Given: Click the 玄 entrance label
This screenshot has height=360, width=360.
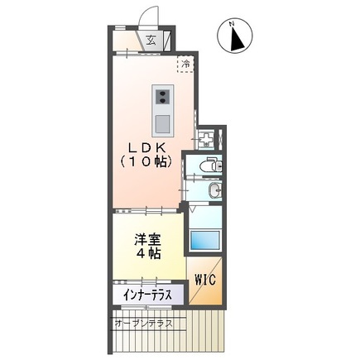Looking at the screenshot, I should tap(151, 39).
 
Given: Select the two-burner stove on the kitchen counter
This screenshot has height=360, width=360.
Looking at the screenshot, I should tap(161, 96).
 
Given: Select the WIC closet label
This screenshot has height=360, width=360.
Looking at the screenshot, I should tap(204, 280).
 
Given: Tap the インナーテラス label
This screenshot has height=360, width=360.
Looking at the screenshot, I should tap(147, 295).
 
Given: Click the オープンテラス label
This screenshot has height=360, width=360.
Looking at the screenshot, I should tap(144, 323).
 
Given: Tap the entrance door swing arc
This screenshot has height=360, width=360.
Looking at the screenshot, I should tap(150, 17).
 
